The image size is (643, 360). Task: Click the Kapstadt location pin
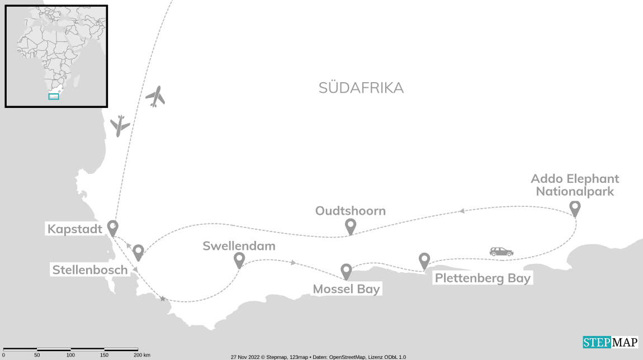click(113, 228)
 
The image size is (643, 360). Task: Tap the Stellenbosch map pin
click(138, 252)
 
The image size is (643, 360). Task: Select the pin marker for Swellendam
click(239, 259)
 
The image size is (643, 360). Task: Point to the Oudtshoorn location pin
click(351, 226)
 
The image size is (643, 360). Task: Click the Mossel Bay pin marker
click(347, 271)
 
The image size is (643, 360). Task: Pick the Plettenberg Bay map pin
click(424, 260)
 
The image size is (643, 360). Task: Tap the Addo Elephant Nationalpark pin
click(575, 209)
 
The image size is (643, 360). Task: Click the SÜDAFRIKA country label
click(361, 88)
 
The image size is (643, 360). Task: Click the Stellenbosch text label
click(89, 270)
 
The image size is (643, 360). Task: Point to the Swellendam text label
click(239, 246)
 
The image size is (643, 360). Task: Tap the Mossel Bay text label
click(346, 289)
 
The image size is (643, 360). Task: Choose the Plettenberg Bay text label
click(482, 278)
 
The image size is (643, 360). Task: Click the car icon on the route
click(501, 252)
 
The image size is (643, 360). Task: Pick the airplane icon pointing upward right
click(155, 97)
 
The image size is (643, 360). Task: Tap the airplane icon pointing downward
click(120, 126)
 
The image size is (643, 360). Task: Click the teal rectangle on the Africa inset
click(54, 96)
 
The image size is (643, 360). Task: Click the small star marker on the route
click(163, 299)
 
